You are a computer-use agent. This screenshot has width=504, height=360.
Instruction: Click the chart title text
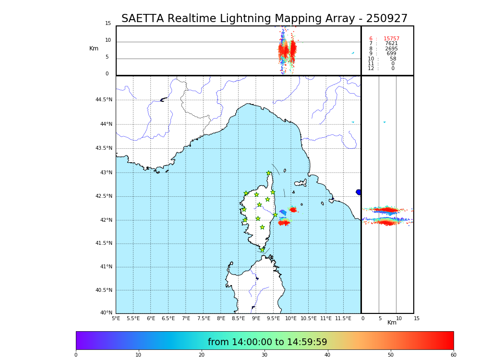[x=264, y=19]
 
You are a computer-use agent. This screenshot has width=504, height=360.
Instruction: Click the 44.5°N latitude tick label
[x=104, y=100]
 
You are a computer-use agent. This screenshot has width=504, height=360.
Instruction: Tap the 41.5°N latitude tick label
[x=104, y=243]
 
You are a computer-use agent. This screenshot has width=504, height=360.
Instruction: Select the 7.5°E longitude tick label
[x=204, y=318]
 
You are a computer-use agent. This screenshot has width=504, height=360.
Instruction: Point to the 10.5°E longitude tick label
[x=309, y=318]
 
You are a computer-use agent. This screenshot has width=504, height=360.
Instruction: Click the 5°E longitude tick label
[x=116, y=318]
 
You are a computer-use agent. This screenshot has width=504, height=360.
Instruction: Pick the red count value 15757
[x=391, y=39]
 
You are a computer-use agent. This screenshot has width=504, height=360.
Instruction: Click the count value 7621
[x=391, y=44]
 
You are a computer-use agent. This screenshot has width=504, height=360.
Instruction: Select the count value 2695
[x=391, y=49]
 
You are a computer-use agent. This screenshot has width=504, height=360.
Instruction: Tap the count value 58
[x=393, y=59]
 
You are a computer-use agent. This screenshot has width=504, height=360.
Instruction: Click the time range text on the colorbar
[x=267, y=342]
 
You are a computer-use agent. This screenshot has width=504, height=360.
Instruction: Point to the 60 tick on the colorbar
[x=453, y=355]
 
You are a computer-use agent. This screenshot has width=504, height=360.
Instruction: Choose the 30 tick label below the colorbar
[x=264, y=355]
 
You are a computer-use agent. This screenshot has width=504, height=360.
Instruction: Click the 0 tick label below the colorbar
[x=76, y=355]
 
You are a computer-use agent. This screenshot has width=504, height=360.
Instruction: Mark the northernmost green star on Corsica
[x=269, y=173]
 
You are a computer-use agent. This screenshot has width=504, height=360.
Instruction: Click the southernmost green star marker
[x=263, y=250]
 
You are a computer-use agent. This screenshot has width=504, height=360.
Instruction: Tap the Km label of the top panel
[x=94, y=48]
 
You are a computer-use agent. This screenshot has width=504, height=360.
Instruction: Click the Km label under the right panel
[x=392, y=323]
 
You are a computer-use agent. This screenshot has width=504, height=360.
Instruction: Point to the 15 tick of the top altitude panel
[x=108, y=24]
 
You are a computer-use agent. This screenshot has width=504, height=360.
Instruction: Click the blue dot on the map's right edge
[x=359, y=192]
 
